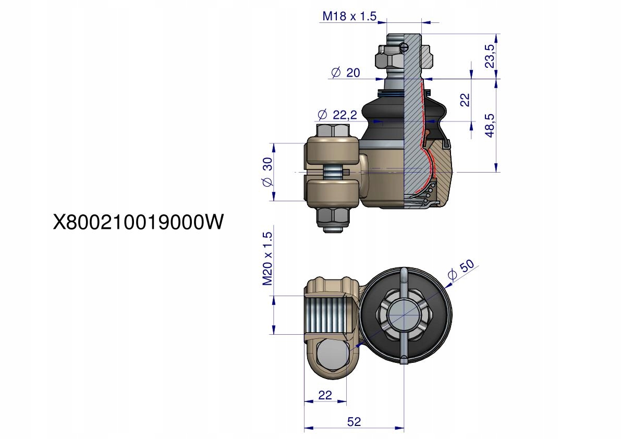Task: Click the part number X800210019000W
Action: [x=138, y=222]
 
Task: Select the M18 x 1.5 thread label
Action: [x=349, y=16]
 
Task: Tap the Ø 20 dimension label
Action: [x=346, y=72]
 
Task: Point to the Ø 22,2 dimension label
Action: [x=337, y=115]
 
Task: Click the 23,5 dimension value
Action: [x=490, y=56]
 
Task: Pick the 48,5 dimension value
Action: [x=490, y=125]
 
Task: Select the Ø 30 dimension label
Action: [x=267, y=172]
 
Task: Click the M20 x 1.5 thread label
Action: [x=267, y=259]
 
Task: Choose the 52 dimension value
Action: [x=354, y=422]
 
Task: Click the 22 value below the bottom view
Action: [x=325, y=395]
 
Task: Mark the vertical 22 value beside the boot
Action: [x=465, y=100]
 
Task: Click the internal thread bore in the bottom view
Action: [x=326, y=316]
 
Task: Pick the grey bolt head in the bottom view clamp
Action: [x=333, y=355]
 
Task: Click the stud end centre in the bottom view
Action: [x=404, y=314]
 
